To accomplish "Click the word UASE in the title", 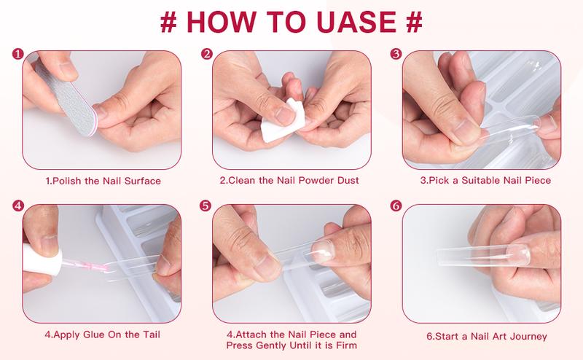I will tap(359, 21).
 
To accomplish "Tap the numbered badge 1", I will tap(18, 54).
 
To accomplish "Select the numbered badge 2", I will tap(207, 54).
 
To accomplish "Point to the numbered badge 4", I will tap(18, 206).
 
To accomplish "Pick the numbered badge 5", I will tap(207, 206).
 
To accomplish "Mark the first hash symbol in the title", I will tap(168, 21).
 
